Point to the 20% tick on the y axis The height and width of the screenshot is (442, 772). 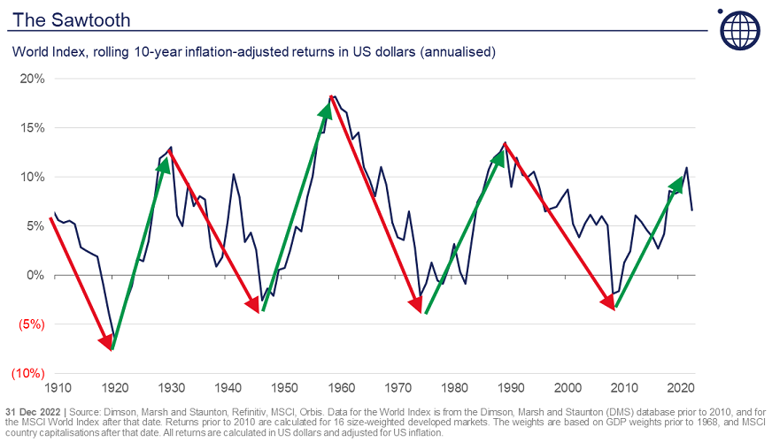[x=32, y=79]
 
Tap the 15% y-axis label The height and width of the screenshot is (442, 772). [x=32, y=127]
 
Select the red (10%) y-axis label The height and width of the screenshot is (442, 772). [x=27, y=373]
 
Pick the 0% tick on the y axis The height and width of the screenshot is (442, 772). [x=35, y=275]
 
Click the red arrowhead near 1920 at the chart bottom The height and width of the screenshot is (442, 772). [x=107, y=342]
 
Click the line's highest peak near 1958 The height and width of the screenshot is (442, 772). [x=332, y=96]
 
